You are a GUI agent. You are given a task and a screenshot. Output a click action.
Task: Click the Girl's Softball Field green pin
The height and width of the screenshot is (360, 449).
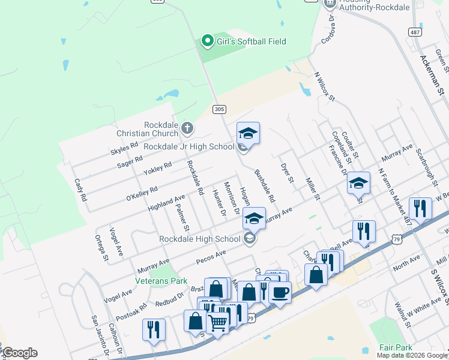(208, 41)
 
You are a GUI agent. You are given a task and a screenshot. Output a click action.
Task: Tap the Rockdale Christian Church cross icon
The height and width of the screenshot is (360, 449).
(187, 128)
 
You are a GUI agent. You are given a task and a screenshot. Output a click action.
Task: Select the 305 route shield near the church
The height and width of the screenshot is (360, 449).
(219, 109)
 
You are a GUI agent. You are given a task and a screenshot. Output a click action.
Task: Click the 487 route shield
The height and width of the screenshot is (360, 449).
(414, 31)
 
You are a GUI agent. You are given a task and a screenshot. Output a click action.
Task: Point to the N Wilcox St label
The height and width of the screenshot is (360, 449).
(324, 88)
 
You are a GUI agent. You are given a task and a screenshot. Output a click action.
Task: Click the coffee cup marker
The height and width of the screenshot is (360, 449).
(280, 292)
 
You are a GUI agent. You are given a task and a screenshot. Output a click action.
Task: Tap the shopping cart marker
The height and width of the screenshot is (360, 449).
(217, 323)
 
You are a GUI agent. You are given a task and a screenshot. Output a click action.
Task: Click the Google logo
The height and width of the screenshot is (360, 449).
(19, 353)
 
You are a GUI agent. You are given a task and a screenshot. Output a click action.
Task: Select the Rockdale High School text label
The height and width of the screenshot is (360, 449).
(200, 239)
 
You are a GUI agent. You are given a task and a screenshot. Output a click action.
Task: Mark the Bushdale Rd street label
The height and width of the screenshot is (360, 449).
(264, 185)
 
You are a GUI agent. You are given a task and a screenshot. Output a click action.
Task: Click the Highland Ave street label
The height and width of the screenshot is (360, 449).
(167, 202)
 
